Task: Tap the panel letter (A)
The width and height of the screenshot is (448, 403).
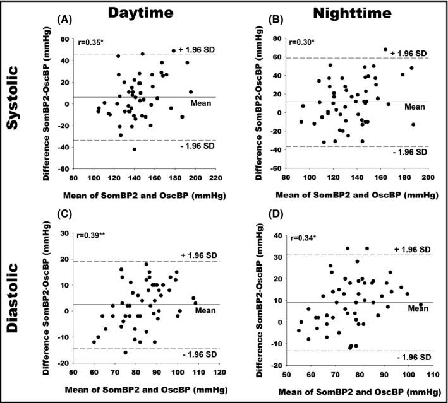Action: (x=64, y=20)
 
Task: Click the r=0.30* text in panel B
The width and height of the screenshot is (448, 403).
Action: (x=301, y=44)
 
